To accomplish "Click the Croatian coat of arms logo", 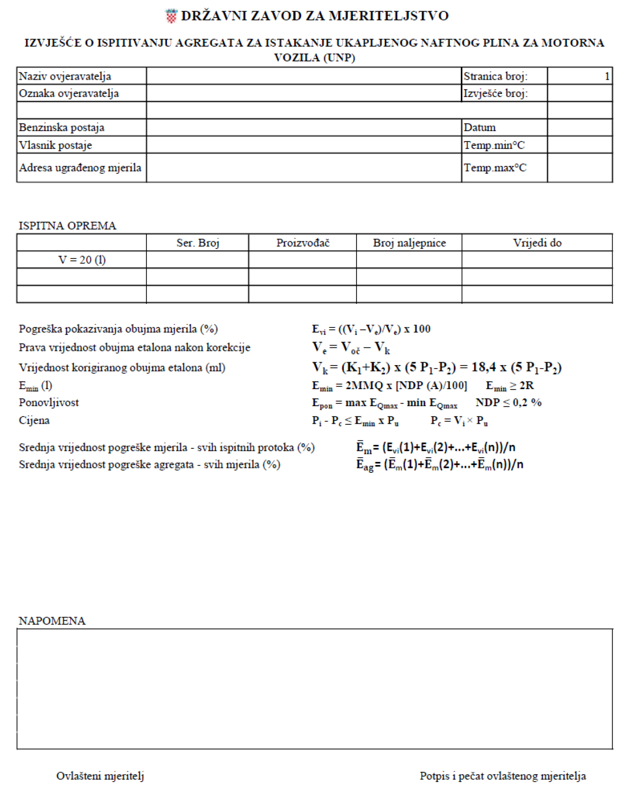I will (171, 16).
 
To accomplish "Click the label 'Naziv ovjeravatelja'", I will (65, 76).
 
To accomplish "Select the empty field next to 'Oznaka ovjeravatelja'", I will (304, 93).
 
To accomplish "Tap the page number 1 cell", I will (580, 76).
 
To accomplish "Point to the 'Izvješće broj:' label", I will (496, 93).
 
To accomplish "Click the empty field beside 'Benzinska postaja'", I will (304, 128).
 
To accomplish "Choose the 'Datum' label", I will (480, 128).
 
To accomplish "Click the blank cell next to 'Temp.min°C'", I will (580, 145).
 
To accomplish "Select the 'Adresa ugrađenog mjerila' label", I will (80, 168).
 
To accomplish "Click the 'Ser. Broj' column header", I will (198, 243).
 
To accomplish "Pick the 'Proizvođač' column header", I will (303, 243).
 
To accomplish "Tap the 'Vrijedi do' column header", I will (537, 243).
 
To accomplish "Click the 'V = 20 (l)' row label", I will (82, 260).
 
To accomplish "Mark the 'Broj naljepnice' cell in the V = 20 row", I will (409, 260).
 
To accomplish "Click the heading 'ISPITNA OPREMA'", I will (68, 226).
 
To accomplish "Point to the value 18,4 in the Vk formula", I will (484, 367).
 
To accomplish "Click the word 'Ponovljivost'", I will (49, 403).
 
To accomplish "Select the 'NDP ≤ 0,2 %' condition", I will (508, 403).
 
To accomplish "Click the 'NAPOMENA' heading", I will (52, 621).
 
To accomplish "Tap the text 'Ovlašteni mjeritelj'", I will (100, 776).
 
